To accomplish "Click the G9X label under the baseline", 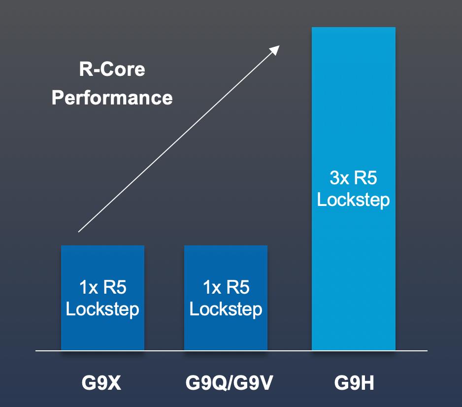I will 102,383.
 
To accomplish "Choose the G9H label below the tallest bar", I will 353,383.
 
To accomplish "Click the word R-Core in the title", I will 112,69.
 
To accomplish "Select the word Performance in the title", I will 112,97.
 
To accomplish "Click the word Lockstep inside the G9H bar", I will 353,200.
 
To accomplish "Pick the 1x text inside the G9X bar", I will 88,287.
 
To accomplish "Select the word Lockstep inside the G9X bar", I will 102,309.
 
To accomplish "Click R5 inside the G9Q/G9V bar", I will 238,287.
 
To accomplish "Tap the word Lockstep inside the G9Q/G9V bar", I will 226,309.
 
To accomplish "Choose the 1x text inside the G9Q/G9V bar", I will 212,287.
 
